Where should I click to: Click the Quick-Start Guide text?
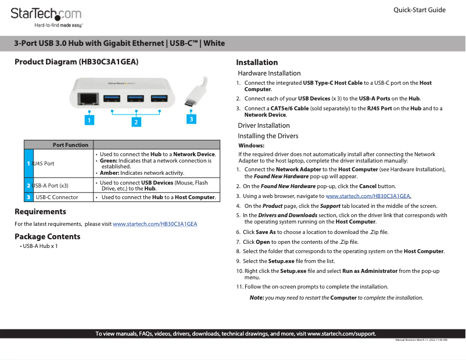pos(420,10)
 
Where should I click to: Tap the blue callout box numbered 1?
pos(89,120)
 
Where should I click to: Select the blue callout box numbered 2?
pos(136,122)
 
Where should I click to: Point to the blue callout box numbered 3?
pos(191,118)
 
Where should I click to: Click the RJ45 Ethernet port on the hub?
pos(89,98)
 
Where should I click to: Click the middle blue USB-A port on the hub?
pos(135,98)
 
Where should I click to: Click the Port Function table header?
pos(70,145)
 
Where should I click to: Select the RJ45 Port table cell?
pos(43,164)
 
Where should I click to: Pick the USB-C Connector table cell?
pos(57,197)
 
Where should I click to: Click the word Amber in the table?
pos(109,172)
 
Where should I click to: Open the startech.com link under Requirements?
pos(155,224)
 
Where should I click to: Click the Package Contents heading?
pos(48,236)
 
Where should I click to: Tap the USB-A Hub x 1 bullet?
pos(39,246)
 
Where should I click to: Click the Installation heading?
pos(257,62)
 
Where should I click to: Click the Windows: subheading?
pos(252,146)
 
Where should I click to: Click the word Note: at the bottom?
pos(256,297)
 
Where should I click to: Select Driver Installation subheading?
pos(264,125)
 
